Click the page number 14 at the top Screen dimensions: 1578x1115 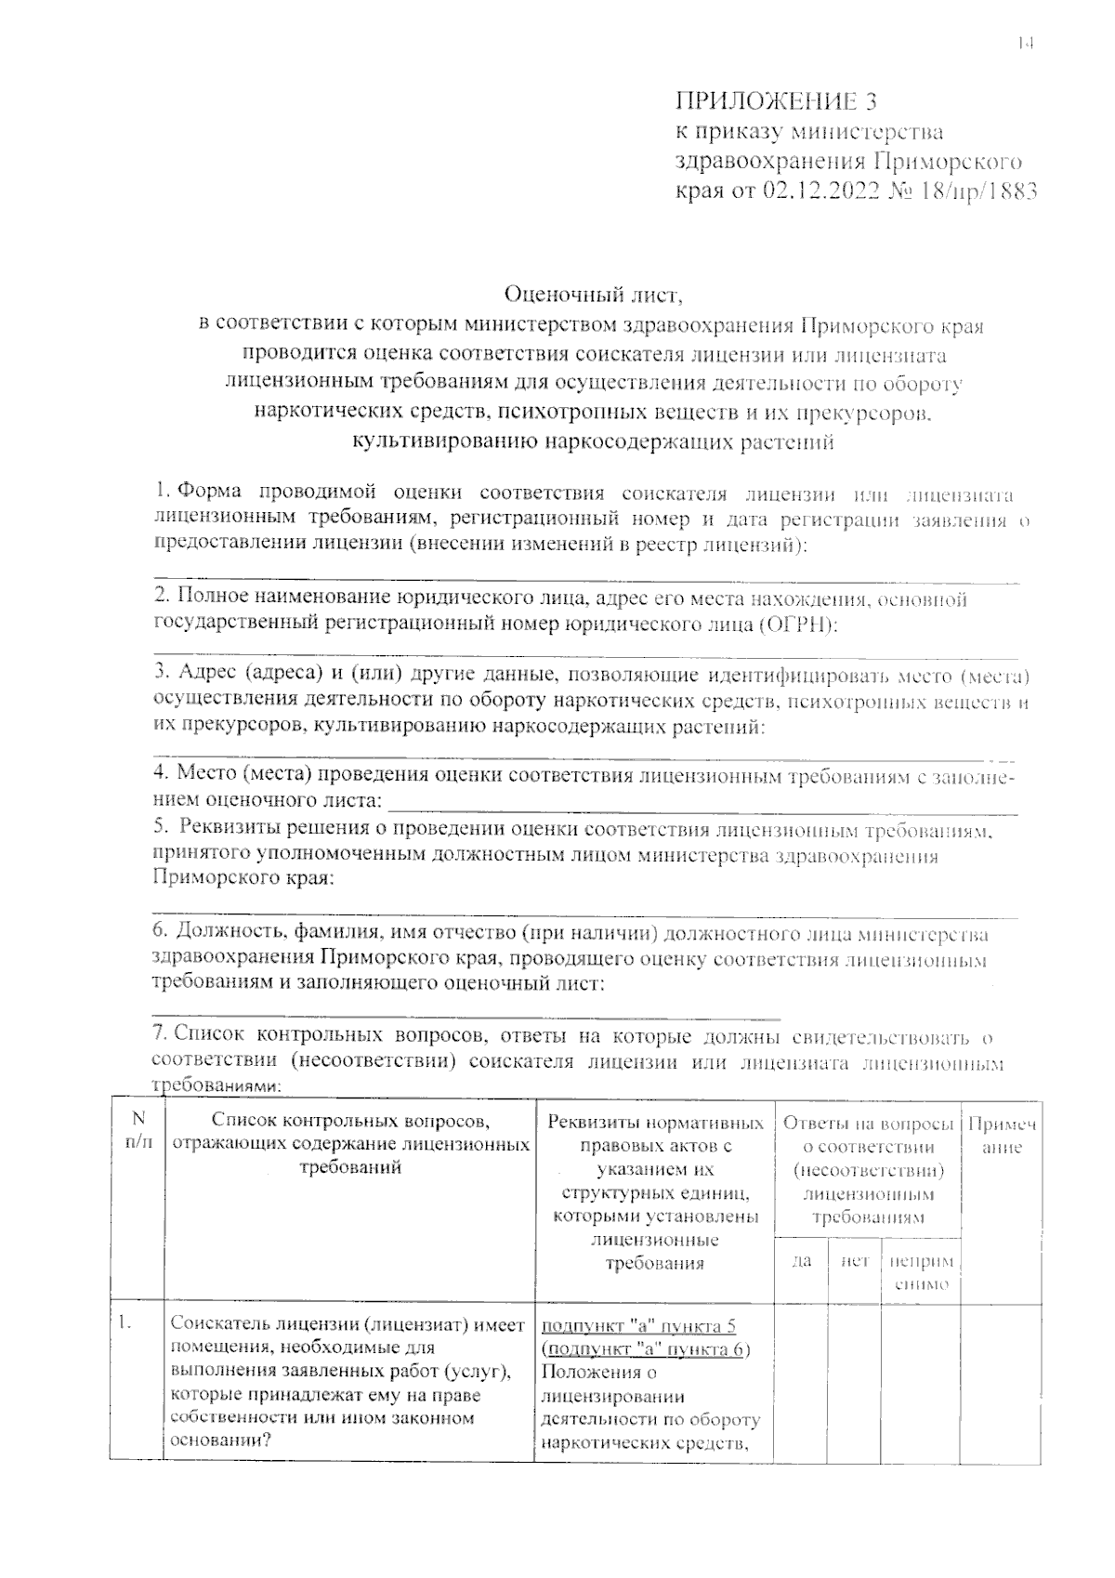click(x=1025, y=43)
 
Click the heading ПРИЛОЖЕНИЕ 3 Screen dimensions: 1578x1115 click(x=775, y=101)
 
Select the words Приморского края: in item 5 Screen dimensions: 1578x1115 click(x=243, y=879)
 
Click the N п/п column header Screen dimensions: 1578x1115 click(x=138, y=1132)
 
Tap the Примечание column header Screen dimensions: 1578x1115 click(x=1002, y=1135)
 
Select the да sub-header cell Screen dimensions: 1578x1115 click(x=801, y=1261)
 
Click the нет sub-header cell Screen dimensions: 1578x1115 click(x=854, y=1261)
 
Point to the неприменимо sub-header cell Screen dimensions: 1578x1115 click(x=920, y=1272)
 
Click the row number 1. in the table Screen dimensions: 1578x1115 click(x=124, y=1323)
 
